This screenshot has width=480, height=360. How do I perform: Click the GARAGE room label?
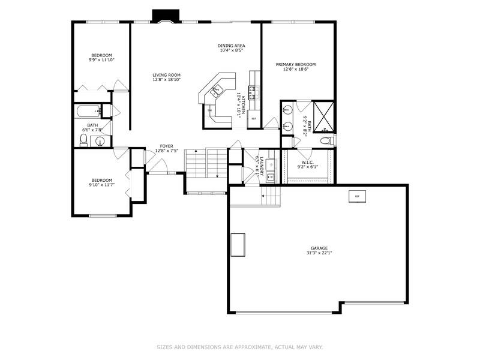tap(319, 248)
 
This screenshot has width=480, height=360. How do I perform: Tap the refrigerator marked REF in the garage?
tap(356, 196)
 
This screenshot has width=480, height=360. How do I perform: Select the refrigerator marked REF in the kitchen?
tap(254, 119)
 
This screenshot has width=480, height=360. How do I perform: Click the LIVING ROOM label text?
tap(166, 75)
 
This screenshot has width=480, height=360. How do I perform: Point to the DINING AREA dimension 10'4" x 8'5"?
tap(231, 50)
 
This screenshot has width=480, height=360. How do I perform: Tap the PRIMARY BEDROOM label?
tap(295, 64)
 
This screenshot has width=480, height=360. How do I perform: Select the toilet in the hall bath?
tap(84, 140)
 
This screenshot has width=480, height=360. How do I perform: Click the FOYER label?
tap(166, 146)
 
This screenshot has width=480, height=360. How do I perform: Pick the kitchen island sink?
tap(215, 91)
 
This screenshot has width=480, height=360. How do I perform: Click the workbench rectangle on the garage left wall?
tap(238, 245)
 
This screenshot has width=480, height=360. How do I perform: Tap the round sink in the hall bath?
tap(100, 142)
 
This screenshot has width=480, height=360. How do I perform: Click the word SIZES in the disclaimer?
tap(165, 346)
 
